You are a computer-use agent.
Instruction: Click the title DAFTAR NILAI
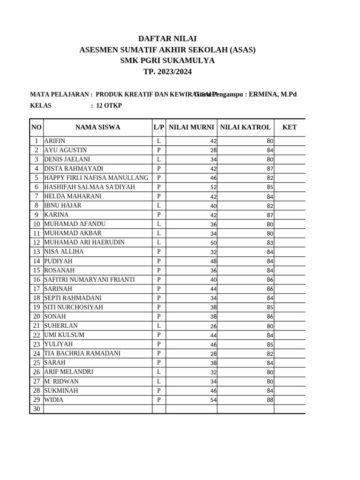coord(167,39)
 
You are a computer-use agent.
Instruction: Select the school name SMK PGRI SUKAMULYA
coord(167,60)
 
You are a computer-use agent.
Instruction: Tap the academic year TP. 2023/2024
coord(167,72)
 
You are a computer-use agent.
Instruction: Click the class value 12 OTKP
coord(109,105)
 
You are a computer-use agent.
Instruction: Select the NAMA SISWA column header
coord(97,127)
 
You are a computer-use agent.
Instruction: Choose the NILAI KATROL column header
coord(245,127)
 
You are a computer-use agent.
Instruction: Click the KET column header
coord(289,127)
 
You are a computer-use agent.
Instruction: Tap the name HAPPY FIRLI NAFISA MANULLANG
coord(96,178)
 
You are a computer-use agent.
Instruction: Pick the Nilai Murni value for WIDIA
coord(213,400)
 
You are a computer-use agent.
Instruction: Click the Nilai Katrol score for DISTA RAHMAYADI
coord(270,169)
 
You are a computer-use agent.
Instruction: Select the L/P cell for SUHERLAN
coord(159,325)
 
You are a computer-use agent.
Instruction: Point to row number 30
coord(36,409)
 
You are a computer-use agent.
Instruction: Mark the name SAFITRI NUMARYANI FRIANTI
coord(90,279)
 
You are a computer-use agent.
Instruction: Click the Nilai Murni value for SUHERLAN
coord(213,326)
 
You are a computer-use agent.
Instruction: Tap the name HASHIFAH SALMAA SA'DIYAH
coord(90,187)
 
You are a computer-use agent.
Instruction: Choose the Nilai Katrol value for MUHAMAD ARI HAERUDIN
coord(270,243)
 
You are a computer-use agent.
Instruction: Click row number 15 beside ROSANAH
coord(36,270)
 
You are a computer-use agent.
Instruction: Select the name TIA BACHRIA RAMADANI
coord(82,353)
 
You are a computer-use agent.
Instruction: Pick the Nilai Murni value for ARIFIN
coord(213,141)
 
